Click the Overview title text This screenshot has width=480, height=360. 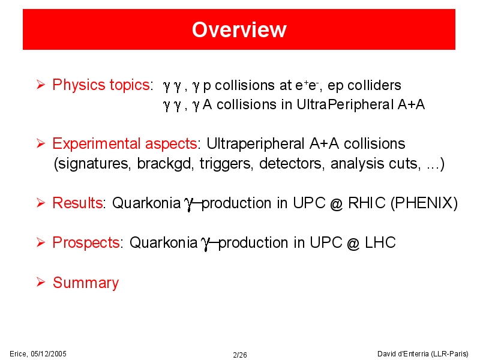coord(239,29)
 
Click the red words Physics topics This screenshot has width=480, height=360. coord(101,85)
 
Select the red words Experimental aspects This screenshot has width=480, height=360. coord(125,143)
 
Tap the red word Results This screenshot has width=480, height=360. coord(77,203)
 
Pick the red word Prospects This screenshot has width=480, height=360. coord(86,243)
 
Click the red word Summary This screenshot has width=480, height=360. coord(86,283)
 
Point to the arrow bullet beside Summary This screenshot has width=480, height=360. coord(41,282)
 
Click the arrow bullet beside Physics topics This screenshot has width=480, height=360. coord(41,84)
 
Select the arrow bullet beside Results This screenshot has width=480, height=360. coord(41,203)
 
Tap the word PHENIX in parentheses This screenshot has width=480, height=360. coord(424,203)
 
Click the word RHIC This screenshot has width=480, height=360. coord(367,203)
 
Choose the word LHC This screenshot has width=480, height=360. coord(380,243)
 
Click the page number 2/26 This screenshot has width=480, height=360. coord(239,355)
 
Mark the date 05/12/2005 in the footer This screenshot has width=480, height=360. coord(49,354)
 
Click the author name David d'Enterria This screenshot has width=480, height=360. coord(403,354)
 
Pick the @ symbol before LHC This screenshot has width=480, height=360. coord(353,244)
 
